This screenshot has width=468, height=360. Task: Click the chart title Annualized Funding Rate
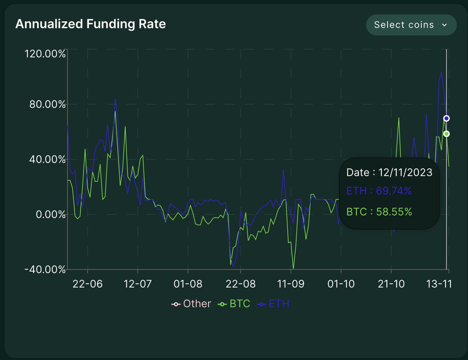click(x=90, y=24)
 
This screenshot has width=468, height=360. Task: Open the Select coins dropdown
click(x=411, y=25)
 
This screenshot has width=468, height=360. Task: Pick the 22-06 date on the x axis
click(x=88, y=284)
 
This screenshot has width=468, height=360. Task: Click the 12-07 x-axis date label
click(x=137, y=284)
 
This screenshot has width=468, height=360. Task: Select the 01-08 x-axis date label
click(x=188, y=284)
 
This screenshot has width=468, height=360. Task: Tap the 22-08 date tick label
click(x=241, y=284)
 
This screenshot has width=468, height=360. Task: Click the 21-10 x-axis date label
click(x=391, y=284)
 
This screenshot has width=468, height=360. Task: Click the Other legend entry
click(x=192, y=304)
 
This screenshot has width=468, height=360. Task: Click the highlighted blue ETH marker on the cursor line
click(x=447, y=118)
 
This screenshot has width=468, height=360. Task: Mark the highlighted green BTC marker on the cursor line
click(x=447, y=134)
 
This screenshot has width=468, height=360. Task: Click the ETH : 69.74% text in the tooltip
click(x=379, y=191)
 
